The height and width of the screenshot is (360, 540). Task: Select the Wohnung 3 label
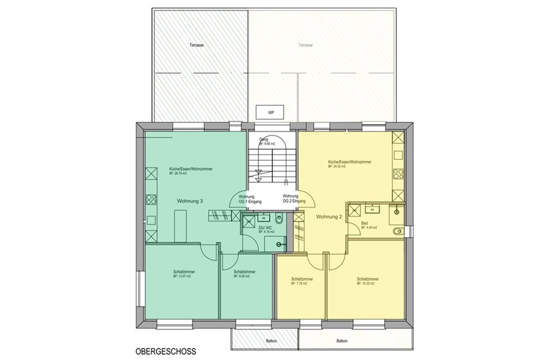pyautogui.click(x=190, y=201)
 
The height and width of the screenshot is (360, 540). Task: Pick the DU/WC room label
pyautogui.click(x=265, y=228)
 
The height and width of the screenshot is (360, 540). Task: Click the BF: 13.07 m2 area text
pyautogui.click(x=183, y=276)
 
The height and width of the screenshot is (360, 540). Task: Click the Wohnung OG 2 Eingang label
pyautogui.click(x=292, y=199)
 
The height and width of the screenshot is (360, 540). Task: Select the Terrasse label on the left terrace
pyautogui.click(x=197, y=45)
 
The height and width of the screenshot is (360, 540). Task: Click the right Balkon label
pyautogui.click(x=342, y=341)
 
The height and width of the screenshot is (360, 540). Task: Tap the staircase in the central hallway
pyautogui.click(x=272, y=165)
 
